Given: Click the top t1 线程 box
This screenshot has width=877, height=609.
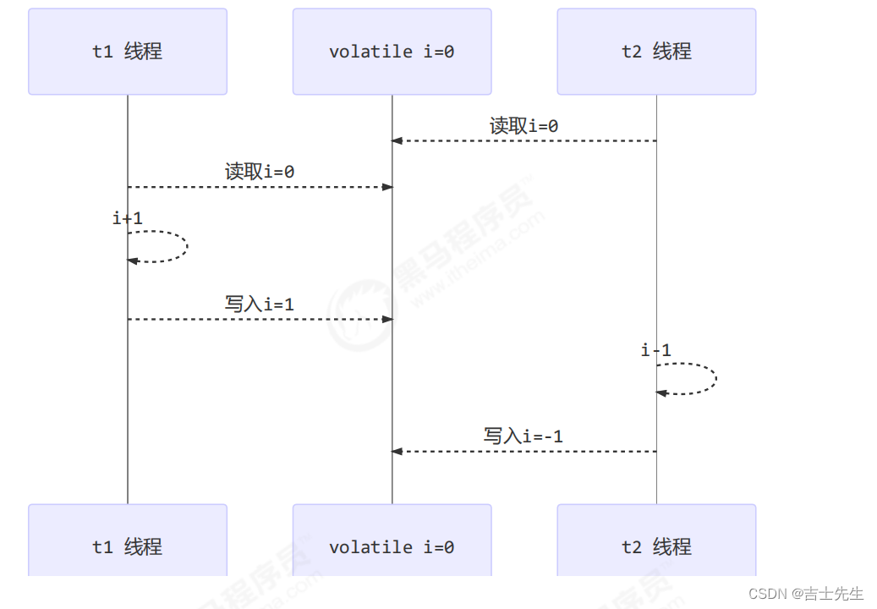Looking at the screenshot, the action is pos(128,52).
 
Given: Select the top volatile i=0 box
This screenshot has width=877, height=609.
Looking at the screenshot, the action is pos(392,52).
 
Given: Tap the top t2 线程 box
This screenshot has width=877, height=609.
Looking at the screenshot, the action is pos(656,52).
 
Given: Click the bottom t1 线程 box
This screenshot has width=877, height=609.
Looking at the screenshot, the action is pos(128,546).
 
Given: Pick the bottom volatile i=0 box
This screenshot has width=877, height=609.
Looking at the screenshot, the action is pos(392,546).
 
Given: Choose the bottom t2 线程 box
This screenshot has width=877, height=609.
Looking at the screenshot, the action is pos(656,546).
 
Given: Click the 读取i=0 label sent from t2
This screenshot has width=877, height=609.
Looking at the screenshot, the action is pos(523,126).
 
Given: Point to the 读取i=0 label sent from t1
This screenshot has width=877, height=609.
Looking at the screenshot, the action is pos(260,172).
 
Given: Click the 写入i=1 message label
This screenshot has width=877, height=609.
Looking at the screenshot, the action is pos(260,304).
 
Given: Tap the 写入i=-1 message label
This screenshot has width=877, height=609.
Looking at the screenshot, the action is pos(523,436).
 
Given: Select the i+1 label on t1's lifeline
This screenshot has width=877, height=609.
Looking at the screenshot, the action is pos(128,218).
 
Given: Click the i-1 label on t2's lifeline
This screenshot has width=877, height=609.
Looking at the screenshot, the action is pos(656,350).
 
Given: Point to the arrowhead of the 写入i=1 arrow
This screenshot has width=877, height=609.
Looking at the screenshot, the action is pos(387,319).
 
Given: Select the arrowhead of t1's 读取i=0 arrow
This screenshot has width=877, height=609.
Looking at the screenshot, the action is pos(387,187).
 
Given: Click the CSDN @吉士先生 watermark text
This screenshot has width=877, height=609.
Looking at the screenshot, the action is pos(806,594).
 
